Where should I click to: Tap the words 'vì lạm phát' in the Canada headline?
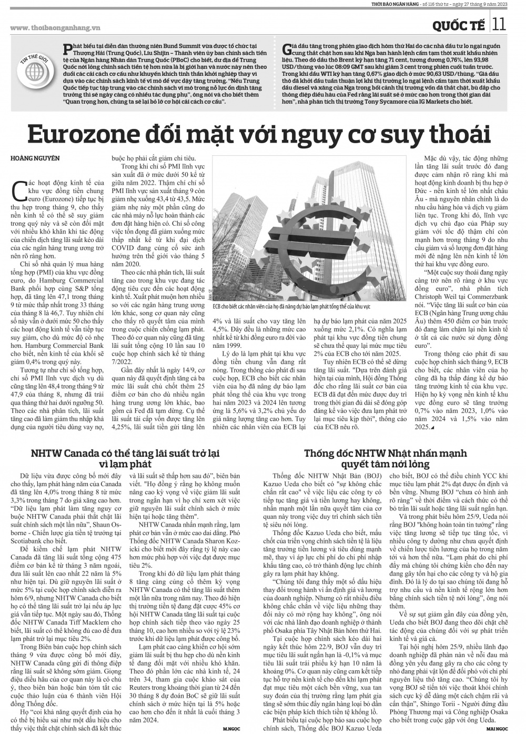coord(125,465)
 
